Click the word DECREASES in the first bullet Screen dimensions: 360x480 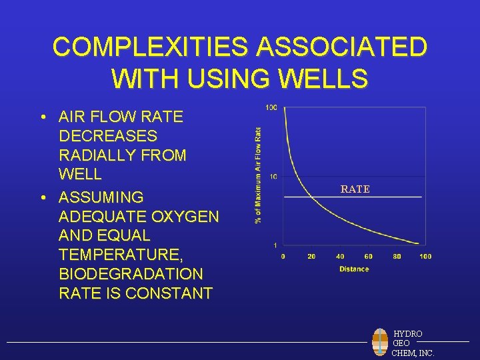(108, 136)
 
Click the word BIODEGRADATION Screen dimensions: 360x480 (131, 274)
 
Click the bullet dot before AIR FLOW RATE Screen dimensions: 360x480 (42, 117)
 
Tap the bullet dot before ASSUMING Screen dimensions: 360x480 (42, 197)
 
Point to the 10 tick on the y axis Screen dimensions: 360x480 (273, 177)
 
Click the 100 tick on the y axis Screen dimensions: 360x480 (271, 108)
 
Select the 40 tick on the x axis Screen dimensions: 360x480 (340, 257)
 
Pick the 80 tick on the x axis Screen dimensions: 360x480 (397, 257)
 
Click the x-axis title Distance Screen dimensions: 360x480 (353, 269)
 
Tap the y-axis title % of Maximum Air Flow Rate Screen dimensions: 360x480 (258, 175)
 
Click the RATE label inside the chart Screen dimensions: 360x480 (355, 189)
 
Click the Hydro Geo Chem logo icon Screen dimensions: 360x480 (380, 343)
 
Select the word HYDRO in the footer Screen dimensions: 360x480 (408, 333)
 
